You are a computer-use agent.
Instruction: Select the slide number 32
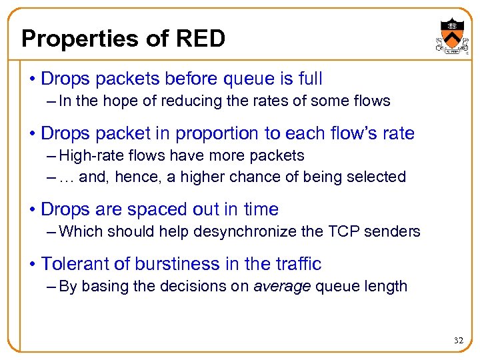[458, 341]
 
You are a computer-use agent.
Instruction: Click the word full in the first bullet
[310, 79]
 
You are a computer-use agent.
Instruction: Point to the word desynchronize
[259, 231]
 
